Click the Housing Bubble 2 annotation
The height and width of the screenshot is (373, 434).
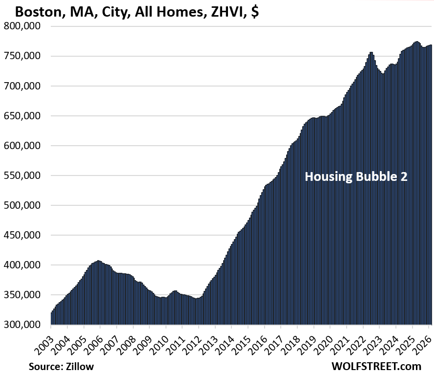tap(356, 176)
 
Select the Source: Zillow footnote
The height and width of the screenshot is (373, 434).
tap(61, 365)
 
